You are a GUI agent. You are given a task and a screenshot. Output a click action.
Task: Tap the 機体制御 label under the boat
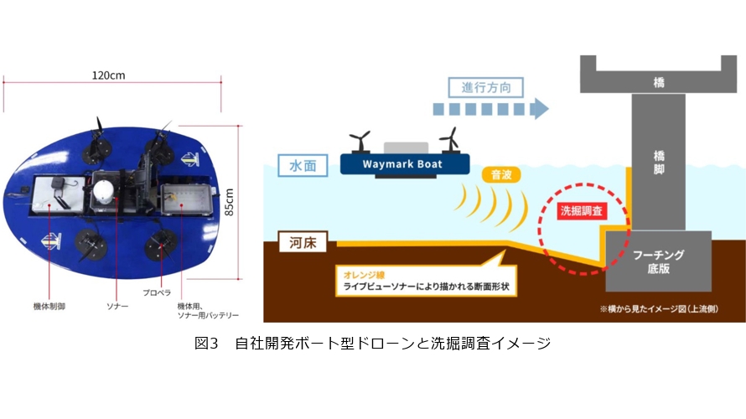[x=49, y=306]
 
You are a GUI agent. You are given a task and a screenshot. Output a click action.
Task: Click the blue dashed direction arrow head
[x=540, y=108]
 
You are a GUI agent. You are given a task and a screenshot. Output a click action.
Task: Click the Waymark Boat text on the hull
[x=402, y=164]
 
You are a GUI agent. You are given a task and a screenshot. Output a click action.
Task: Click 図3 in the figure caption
[x=205, y=343]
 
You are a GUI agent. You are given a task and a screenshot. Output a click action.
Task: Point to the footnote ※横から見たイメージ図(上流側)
[x=659, y=309]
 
